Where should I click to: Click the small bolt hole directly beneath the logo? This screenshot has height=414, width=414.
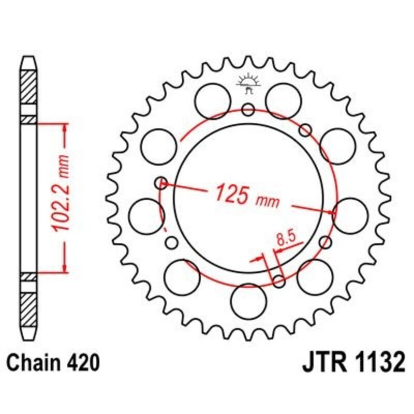click(248, 109)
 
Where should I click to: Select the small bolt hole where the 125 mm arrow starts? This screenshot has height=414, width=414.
click(162, 182)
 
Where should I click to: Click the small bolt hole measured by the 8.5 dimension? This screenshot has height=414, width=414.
click(278, 281)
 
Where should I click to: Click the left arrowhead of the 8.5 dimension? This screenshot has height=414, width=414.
click(260, 257)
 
